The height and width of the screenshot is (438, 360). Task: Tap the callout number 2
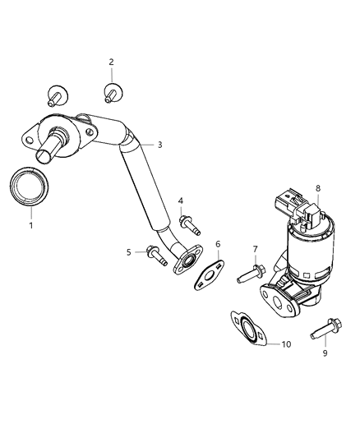(112, 62)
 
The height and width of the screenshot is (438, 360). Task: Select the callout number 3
(159, 145)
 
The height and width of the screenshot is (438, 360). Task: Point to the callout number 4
(181, 201)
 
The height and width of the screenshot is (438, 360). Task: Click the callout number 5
(129, 252)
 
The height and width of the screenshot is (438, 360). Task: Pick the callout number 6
(218, 244)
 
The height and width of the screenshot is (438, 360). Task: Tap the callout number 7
(255, 249)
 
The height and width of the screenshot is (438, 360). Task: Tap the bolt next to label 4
(187, 223)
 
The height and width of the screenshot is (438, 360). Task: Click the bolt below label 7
(249, 274)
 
